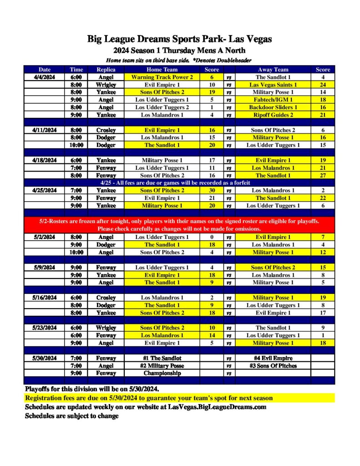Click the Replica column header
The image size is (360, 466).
(106, 70)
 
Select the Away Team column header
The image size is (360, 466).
(273, 70)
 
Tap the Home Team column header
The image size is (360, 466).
(162, 70)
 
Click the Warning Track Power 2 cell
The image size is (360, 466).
(162, 77)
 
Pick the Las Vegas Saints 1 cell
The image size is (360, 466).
(273, 85)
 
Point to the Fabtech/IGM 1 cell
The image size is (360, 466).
(273, 100)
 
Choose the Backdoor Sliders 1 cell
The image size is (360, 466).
(273, 107)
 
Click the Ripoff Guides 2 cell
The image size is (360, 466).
(273, 115)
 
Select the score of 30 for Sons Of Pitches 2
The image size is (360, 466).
(212, 190)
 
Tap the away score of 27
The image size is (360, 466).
(323, 175)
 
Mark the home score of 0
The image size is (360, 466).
(212, 237)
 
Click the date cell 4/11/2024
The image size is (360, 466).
(45, 130)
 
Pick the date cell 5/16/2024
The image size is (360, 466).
(45, 298)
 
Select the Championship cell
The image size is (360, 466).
(162, 373)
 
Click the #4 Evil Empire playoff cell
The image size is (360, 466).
(273, 358)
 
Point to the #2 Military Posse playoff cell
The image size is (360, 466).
(162, 365)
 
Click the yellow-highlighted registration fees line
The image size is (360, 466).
(149, 398)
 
